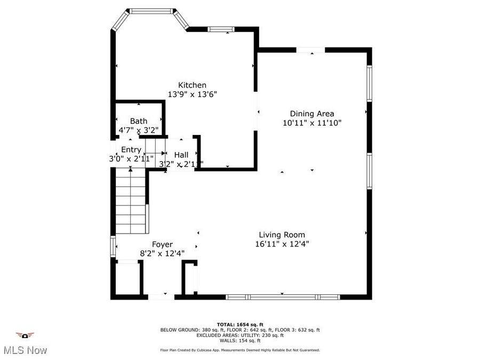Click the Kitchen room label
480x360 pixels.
[192, 85]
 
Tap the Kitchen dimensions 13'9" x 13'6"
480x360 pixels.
[192, 94]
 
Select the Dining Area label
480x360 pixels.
[311, 113]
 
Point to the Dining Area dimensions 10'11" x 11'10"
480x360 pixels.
[311, 122]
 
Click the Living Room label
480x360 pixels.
[282, 235]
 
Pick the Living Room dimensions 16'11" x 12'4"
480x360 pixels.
[282, 244]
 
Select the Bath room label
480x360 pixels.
[139, 121]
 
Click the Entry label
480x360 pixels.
[131, 150]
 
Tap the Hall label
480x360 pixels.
[181, 155]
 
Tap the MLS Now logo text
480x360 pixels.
[25, 350]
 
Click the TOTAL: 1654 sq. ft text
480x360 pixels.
[240, 324]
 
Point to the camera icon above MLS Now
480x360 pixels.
[25, 335]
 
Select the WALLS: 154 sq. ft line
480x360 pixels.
[240, 340]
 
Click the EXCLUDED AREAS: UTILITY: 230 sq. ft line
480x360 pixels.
[240, 335]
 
